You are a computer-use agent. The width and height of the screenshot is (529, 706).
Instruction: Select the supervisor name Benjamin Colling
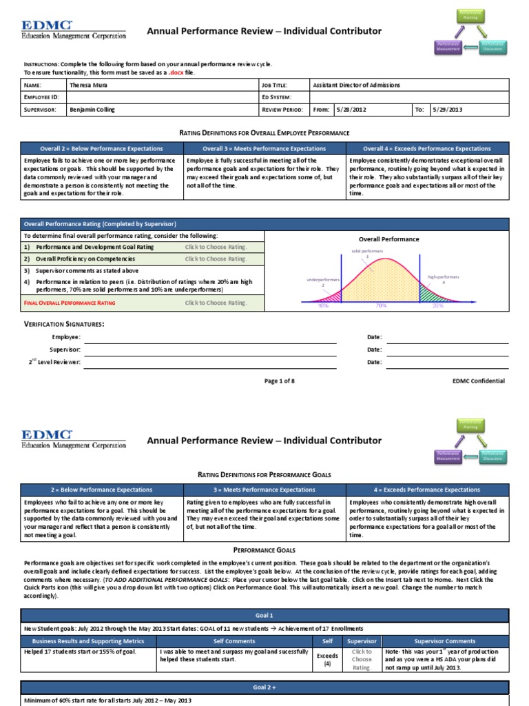[x=92, y=110]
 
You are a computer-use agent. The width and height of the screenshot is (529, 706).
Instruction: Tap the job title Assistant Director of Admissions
[x=356, y=85]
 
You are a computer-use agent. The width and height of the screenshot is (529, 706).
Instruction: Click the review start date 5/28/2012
[x=351, y=110]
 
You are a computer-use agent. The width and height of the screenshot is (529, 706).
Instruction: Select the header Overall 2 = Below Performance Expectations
[x=101, y=149]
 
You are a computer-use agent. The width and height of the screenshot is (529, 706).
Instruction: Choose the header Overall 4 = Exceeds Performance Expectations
[x=428, y=149]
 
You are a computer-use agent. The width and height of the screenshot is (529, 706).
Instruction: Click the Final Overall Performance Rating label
[x=70, y=303]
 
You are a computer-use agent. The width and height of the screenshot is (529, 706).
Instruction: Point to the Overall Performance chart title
[x=388, y=239]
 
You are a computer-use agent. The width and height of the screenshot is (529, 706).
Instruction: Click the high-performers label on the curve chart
[x=443, y=276]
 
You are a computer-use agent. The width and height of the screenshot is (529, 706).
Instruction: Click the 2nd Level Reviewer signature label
[x=54, y=362]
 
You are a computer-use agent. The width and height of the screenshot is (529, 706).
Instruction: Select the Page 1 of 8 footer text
[x=279, y=381]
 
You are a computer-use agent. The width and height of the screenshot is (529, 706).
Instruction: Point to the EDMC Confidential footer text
[x=478, y=381]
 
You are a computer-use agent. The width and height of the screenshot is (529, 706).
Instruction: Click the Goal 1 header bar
[x=264, y=615]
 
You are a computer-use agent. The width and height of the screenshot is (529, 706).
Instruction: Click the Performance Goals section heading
[x=264, y=550]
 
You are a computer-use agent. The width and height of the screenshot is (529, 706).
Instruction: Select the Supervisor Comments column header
[x=445, y=641]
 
